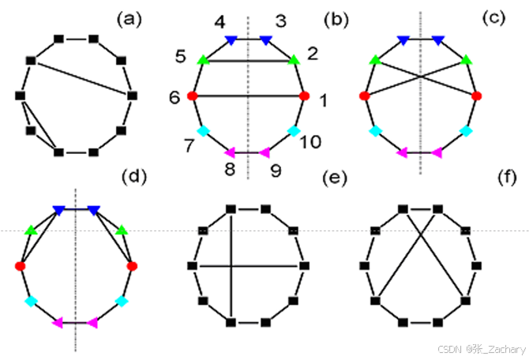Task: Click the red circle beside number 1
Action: tap(304, 96)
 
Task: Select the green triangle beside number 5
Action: tap(203, 59)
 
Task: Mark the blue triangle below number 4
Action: tap(231, 39)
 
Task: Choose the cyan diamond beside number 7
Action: tap(203, 131)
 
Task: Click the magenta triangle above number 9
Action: tap(265, 152)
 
